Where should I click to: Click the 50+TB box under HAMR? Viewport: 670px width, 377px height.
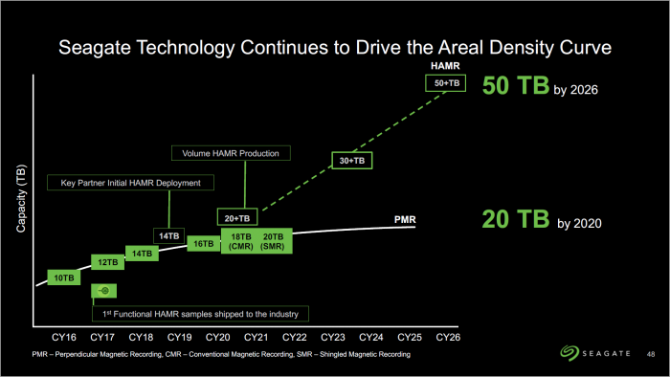(447, 83)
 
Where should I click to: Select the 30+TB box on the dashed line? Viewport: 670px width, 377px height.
(353, 161)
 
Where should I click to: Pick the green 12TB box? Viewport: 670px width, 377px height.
(107, 262)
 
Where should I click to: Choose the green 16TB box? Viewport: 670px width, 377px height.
(204, 243)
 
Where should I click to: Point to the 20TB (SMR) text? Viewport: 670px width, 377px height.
(274, 241)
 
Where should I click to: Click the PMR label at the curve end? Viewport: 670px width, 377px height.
(405, 220)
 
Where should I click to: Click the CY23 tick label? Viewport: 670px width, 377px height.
(332, 338)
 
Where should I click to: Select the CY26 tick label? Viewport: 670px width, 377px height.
(447, 338)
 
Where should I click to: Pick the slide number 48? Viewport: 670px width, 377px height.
(652, 356)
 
